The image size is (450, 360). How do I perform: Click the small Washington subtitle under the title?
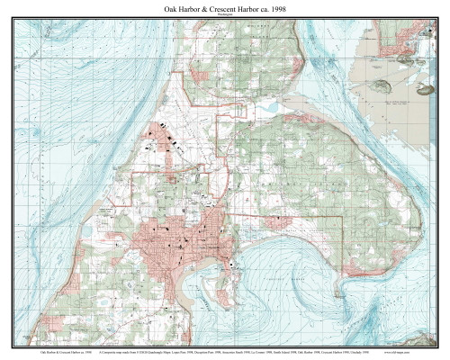(225, 16)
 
